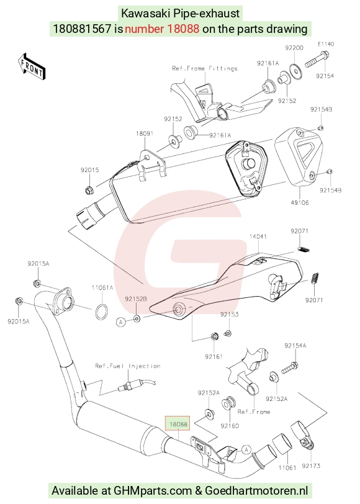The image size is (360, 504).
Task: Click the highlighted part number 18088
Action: tap(178, 424)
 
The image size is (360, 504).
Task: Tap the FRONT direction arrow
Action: tap(32, 66)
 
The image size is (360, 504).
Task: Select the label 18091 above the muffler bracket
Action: tap(145, 133)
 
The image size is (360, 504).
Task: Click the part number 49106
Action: tap(300, 202)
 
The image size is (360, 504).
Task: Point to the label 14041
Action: tap(258, 236)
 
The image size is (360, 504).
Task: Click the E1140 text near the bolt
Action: tap(326, 44)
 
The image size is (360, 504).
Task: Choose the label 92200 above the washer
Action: tap(294, 48)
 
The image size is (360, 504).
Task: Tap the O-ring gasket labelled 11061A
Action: tap(102, 312)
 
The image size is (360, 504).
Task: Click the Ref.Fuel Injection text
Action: tap(128, 366)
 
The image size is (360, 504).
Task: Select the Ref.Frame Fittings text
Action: tap(205, 68)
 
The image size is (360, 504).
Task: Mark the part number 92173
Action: tap(311, 466)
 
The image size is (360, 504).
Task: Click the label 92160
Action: tap(230, 426)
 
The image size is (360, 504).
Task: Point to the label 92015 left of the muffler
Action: tap(89, 170)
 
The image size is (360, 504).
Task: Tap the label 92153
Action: tap(229, 314)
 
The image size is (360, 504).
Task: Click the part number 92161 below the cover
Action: tap(214, 356)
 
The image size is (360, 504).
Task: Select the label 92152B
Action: tap(136, 299)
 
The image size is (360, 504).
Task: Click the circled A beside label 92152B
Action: tap(121, 322)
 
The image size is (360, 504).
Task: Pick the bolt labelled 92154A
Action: tap(290, 368)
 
